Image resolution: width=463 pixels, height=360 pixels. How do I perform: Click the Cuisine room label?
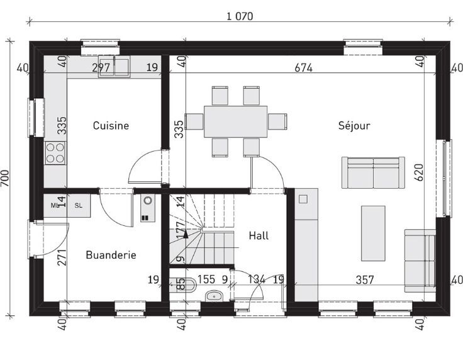111,126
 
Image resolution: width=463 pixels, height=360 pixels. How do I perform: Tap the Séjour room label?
354,126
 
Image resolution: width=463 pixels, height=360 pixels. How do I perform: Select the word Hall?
259,235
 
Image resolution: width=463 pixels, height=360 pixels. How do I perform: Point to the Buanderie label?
111,255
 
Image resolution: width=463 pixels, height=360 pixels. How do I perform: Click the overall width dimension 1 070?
240,16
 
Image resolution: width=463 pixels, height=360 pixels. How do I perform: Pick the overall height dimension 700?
5,178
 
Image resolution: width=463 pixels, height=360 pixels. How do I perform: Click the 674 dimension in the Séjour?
304,68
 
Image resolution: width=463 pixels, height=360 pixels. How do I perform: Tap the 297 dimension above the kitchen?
101,68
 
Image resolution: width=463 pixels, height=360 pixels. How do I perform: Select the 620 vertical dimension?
419,172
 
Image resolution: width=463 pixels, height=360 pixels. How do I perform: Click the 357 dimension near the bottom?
365,279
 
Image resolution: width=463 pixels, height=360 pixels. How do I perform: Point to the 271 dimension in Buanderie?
62,257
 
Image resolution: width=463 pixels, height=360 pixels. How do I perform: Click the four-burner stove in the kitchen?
55,153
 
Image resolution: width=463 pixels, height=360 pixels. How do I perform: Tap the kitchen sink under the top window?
114,67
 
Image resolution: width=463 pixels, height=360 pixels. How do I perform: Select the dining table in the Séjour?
236,121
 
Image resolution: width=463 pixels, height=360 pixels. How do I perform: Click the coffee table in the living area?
373,233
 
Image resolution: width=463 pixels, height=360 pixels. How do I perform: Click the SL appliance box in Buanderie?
79,206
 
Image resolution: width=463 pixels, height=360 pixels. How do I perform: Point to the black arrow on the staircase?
186,235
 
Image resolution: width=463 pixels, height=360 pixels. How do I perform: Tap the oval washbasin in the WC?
214,295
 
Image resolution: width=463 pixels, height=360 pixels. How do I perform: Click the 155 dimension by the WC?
206,279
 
